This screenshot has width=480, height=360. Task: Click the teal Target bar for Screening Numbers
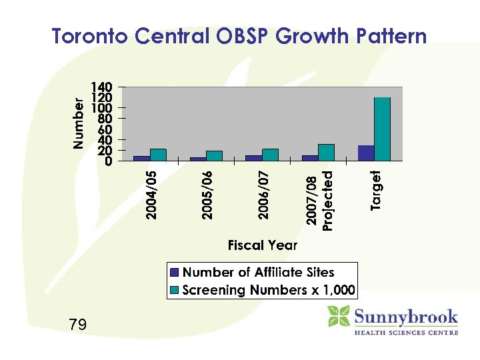coord(382,129)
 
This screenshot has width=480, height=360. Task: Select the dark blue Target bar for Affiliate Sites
coord(366,153)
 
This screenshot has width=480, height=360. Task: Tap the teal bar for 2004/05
coord(158,155)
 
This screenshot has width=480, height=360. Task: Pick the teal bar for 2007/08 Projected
coord(326,152)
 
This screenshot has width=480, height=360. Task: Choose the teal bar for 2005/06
coord(214,155)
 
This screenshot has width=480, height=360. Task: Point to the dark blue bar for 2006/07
coord(253,158)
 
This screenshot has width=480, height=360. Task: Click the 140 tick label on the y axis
coord(102,87)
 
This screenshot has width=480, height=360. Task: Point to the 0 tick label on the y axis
coord(109,161)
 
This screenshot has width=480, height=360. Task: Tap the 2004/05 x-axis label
coord(152,195)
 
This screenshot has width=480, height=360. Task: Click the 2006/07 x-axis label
coord(264,195)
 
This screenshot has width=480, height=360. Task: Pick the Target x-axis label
coord(376,191)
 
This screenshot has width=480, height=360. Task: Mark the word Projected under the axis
coord(327,200)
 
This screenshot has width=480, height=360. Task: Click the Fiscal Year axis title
coord(263,245)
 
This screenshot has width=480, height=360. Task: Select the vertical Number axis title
coord(79,124)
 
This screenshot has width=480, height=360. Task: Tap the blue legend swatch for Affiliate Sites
coord(175,273)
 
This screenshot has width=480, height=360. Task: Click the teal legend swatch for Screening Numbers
coord(175,291)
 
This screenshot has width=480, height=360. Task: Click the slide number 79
coord(77,325)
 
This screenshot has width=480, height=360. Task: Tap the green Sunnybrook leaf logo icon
coord(339,316)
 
